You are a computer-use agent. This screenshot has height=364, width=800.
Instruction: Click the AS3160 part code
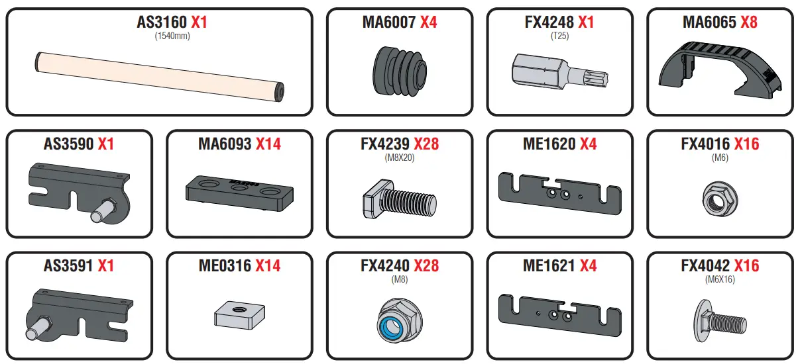(162, 22)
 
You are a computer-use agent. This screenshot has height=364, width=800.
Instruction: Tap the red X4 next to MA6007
(428, 22)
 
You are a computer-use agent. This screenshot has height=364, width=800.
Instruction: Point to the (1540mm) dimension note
(172, 36)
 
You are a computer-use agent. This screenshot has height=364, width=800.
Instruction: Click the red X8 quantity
(749, 22)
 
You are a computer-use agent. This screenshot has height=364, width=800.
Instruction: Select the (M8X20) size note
(400, 158)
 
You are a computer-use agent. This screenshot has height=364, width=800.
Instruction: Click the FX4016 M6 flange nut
(718, 197)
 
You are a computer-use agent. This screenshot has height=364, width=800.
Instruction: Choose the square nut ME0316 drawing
(239, 314)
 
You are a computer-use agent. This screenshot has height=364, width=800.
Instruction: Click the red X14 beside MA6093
(268, 144)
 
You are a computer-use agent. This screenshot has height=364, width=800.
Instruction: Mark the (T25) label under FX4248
(560, 36)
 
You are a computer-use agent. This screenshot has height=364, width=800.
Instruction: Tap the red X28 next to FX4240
(426, 266)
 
